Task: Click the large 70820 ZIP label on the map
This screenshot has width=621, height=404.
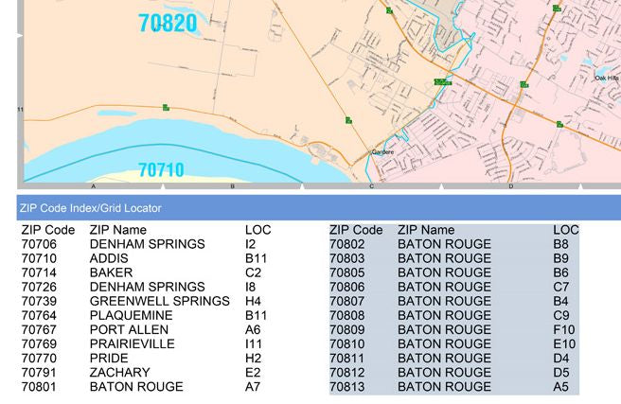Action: (168, 24)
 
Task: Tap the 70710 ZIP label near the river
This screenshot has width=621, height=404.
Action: (161, 170)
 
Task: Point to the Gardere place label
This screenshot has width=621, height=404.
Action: (382, 151)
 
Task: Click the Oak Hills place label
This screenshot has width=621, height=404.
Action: (606, 79)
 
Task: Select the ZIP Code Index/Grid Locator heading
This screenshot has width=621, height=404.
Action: (90, 208)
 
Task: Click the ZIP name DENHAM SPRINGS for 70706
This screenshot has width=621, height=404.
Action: (147, 244)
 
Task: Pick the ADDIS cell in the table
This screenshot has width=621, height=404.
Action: (109, 258)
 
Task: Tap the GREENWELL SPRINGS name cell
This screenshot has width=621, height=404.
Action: (159, 301)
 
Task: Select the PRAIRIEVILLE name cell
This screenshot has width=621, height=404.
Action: (132, 343)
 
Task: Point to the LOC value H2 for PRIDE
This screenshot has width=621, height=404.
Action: (252, 358)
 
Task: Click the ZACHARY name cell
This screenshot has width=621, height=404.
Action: (120, 372)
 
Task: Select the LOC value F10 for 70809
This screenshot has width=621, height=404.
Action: (564, 329)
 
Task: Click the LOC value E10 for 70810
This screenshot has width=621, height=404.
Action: (564, 343)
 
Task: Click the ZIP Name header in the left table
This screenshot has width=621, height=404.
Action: (118, 230)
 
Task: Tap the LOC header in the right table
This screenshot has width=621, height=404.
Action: (566, 230)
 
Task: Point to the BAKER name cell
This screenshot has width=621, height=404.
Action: (111, 272)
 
